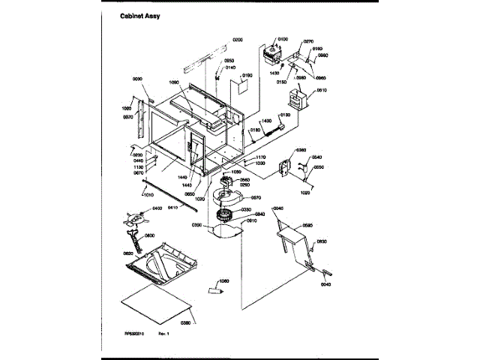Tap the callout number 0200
[238, 39]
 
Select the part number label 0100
[283, 39]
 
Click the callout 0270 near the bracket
[308, 42]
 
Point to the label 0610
[321, 90]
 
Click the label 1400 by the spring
[266, 121]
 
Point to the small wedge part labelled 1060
[214, 286]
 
